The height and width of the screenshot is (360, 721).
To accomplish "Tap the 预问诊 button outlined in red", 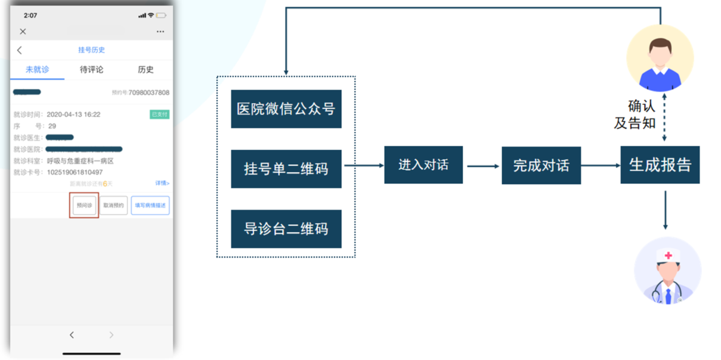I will (x=84, y=205).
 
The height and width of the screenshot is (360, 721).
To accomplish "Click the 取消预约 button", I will (x=113, y=205).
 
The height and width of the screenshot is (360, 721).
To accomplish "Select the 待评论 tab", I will (x=91, y=70).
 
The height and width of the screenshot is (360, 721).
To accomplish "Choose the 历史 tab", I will (x=145, y=70).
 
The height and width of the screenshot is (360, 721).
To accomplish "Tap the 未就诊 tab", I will (x=37, y=70).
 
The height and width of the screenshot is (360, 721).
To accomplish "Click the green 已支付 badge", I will (x=159, y=115).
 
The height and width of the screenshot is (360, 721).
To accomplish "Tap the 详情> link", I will (x=162, y=183).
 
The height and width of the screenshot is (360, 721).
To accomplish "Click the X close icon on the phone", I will (x=23, y=32).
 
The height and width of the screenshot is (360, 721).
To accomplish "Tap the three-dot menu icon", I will (x=160, y=32).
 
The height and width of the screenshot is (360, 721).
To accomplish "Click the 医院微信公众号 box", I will (x=286, y=109).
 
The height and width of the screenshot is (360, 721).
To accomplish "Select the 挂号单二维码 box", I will (x=286, y=168).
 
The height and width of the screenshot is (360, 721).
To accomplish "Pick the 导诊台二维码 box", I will (x=286, y=228).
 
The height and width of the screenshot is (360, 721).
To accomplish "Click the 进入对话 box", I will (x=423, y=165).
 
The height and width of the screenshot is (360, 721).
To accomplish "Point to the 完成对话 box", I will (x=541, y=165).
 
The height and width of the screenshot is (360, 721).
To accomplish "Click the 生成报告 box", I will (x=660, y=165).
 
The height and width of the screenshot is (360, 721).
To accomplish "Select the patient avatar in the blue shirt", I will (x=660, y=58).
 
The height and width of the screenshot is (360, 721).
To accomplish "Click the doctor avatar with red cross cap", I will (x=667, y=270).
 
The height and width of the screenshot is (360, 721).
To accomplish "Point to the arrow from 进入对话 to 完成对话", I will (x=482, y=165).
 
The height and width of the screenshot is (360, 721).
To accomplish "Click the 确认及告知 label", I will (x=636, y=114).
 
